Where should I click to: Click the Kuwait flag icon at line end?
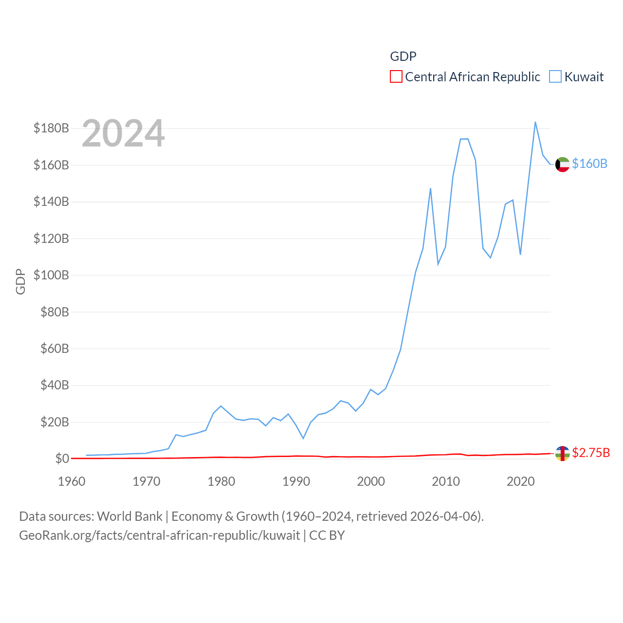point(562,165)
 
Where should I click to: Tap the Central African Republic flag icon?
point(562,454)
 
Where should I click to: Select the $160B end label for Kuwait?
point(589,164)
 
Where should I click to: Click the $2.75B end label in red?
point(591,453)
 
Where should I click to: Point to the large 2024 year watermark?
point(123,133)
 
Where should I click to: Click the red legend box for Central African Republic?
point(396,77)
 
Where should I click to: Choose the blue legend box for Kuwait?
point(555,77)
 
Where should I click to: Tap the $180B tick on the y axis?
point(51,128)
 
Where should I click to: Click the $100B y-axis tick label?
point(51,275)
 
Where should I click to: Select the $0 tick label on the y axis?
point(62,458)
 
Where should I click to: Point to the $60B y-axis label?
point(55,348)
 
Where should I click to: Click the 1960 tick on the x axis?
point(72,481)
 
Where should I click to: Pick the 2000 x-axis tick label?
point(371,481)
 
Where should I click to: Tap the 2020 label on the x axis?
point(520,481)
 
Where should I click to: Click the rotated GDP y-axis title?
point(20,281)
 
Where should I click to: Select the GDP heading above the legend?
point(403,56)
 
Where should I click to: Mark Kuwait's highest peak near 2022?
point(535,122)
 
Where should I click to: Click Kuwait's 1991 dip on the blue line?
point(303,439)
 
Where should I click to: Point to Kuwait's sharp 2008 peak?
point(430,188)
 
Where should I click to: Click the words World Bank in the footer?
point(129,516)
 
